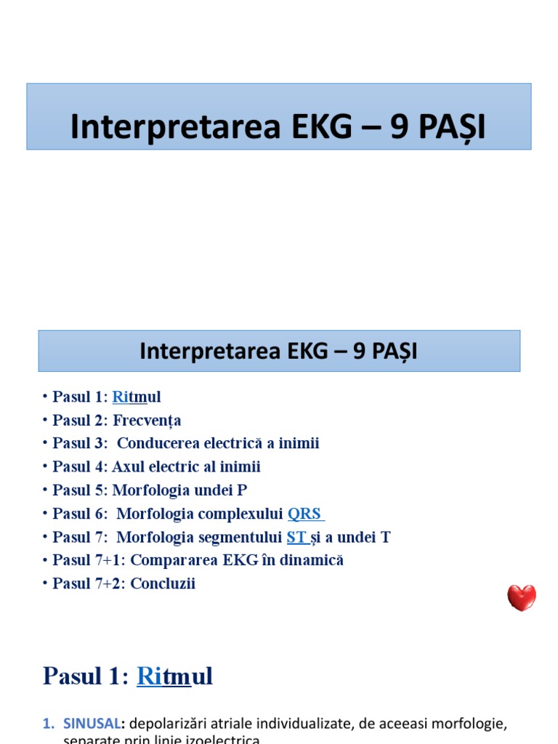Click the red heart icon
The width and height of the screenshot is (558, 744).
tap(521, 597)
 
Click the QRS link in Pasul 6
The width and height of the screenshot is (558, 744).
tap(305, 514)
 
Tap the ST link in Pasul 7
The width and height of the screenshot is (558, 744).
tap(296, 537)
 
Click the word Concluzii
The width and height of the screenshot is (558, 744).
tap(163, 583)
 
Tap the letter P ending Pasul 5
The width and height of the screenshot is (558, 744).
tap(242, 490)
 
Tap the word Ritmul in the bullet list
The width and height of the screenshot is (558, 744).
tap(137, 397)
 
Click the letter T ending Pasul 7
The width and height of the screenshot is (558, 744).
tap(385, 537)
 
